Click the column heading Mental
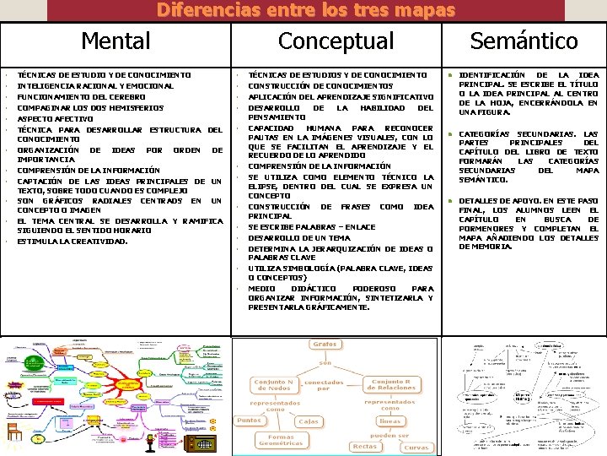pyautogui.click(x=116, y=41)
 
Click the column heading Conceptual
pyautogui.click(x=336, y=41)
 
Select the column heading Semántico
pyautogui.click(x=524, y=41)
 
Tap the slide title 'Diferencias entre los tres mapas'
pyautogui.click(x=305, y=10)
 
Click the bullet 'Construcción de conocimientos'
pyautogui.click(x=320, y=85)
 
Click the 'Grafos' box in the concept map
pyautogui.click(x=325, y=345)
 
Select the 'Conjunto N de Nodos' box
pyautogui.click(x=274, y=386)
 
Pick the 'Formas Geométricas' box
pyautogui.click(x=281, y=440)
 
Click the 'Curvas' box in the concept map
pyautogui.click(x=416, y=447)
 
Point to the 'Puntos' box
pyautogui.click(x=249, y=421)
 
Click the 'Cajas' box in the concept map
pyautogui.click(x=308, y=421)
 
